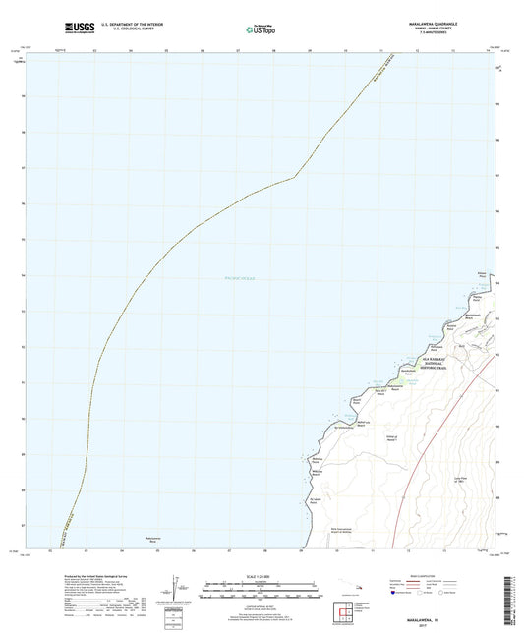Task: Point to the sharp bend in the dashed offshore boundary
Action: pos(296,176)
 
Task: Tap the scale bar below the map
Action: pos(261,592)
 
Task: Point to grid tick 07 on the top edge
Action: pos(237,51)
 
